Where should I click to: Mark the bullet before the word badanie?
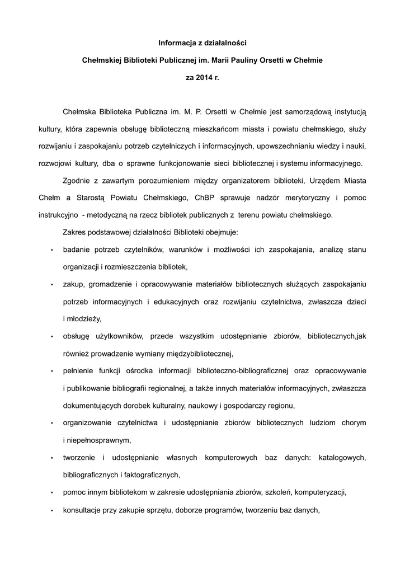coord(51,250)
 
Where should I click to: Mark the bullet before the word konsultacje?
coord(51,510)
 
